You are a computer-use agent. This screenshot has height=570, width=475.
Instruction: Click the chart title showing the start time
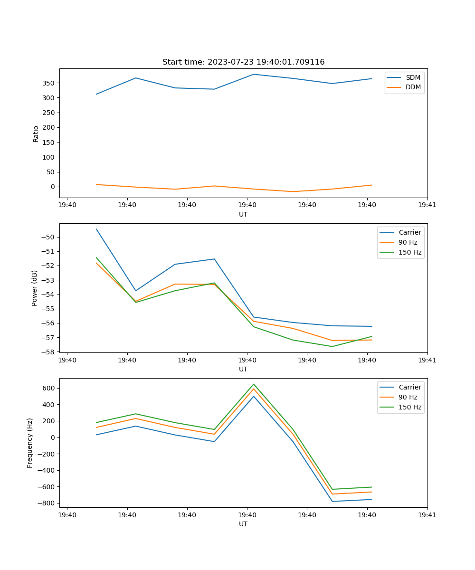(243, 62)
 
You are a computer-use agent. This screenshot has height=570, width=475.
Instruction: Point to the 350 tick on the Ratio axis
(49, 83)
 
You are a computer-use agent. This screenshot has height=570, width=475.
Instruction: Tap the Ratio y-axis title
(36, 133)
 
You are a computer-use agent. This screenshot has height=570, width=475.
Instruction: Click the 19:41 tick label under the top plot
(427, 205)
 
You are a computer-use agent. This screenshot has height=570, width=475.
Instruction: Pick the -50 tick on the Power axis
(49, 237)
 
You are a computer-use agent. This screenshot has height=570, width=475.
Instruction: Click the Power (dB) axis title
(35, 288)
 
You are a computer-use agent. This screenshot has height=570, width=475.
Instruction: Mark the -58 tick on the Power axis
(49, 352)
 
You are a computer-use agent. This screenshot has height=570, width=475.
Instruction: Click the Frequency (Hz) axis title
(30, 443)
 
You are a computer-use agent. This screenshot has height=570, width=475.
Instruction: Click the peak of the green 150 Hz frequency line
(254, 384)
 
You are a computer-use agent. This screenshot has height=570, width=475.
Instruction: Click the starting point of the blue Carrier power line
(96, 229)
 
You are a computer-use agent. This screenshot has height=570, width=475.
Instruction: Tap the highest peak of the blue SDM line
(254, 74)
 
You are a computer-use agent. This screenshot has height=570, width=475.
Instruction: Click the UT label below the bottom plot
(243, 524)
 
